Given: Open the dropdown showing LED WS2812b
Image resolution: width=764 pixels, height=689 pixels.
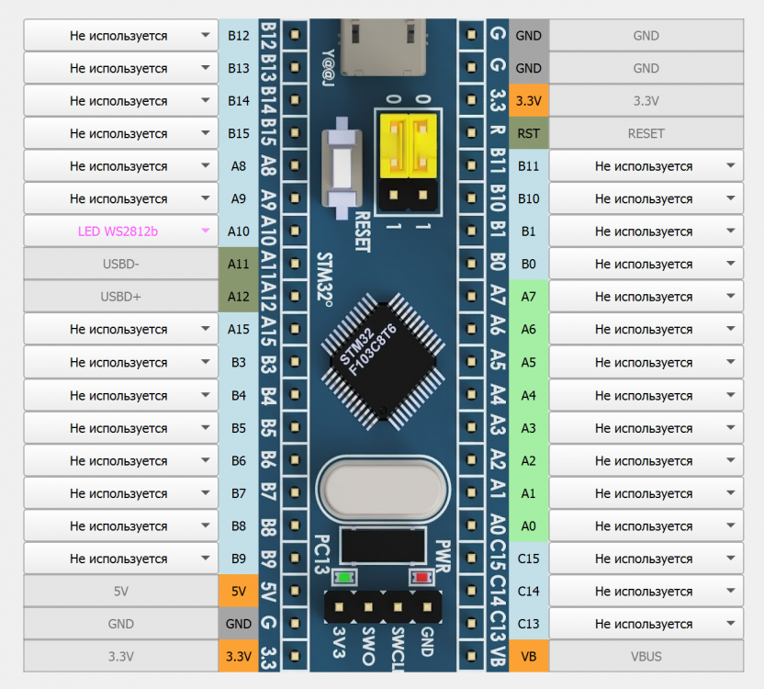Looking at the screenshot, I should click(120, 232).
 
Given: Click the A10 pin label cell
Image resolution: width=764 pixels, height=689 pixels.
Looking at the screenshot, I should click(238, 232).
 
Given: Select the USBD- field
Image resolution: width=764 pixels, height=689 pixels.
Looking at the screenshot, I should click(120, 264).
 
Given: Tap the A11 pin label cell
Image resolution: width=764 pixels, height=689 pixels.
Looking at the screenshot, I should click(238, 264).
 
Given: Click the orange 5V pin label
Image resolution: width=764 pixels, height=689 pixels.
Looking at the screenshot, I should click(238, 592).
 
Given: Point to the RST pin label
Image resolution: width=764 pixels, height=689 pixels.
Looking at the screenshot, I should click(528, 133).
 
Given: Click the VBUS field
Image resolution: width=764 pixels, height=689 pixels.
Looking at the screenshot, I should click(646, 657).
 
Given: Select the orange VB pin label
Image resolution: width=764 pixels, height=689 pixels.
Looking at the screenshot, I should click(528, 657).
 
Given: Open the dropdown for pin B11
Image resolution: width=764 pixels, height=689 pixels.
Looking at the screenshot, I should click(646, 166).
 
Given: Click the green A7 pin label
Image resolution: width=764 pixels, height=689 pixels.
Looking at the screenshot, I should click(528, 297).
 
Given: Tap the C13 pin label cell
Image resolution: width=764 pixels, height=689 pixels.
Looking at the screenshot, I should click(528, 624).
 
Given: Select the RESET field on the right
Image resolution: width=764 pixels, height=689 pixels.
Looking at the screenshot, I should click(646, 133).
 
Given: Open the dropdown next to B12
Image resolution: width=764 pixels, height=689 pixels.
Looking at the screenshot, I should click(120, 36).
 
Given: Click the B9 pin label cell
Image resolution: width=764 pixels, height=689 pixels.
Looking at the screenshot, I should click(238, 559).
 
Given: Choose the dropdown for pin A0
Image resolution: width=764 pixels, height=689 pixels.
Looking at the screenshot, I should click(646, 526).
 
